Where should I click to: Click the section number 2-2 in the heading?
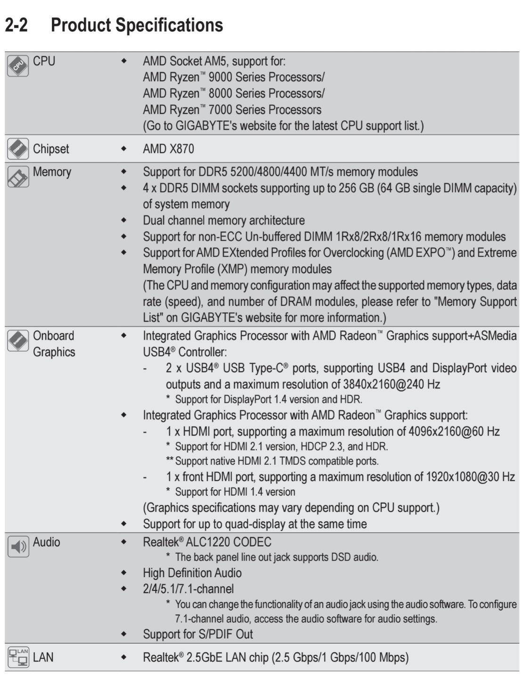click(16, 25)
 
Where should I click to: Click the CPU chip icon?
click(18, 65)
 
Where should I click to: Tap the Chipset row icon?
click(18, 149)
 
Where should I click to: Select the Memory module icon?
click(18, 177)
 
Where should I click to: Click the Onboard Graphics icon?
click(18, 340)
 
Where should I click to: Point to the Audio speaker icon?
click(18, 547)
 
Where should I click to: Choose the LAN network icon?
click(18, 657)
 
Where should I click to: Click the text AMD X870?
click(168, 149)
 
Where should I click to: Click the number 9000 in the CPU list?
click(221, 77)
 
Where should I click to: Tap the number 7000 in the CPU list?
click(221, 110)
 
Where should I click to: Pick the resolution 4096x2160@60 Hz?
click(454, 431)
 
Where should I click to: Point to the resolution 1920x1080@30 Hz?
click(470, 476)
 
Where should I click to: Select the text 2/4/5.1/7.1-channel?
click(188, 589)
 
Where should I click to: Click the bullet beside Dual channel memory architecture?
click(124, 220)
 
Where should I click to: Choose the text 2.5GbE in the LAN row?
click(204, 657)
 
